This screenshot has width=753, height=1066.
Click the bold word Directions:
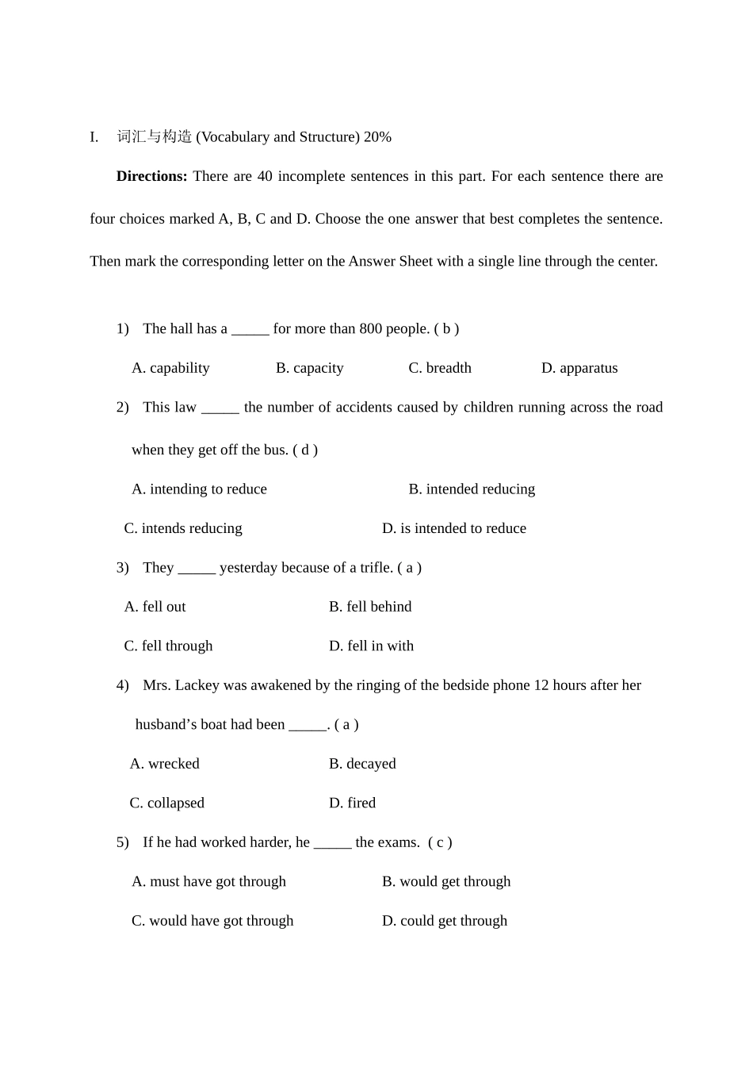(151, 176)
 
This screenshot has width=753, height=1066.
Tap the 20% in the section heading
(377, 137)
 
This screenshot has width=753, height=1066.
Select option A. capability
(170, 368)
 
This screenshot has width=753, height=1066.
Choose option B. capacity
(309, 368)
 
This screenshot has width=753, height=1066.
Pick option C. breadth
(440, 368)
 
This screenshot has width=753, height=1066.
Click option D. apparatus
(579, 368)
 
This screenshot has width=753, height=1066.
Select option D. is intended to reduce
(454, 528)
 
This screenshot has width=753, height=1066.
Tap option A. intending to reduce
(199, 489)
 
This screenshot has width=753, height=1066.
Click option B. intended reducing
(472, 489)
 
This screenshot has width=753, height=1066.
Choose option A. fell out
(155, 607)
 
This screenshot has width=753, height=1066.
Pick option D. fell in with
(371, 646)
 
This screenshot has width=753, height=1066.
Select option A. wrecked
(164, 764)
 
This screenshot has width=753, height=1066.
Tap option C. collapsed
(166, 803)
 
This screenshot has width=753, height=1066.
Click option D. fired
(352, 803)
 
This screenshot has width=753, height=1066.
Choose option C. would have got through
(212, 921)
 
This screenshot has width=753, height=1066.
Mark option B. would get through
(446, 882)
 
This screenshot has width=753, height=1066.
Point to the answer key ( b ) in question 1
(446, 329)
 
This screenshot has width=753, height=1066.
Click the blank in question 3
(197, 569)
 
